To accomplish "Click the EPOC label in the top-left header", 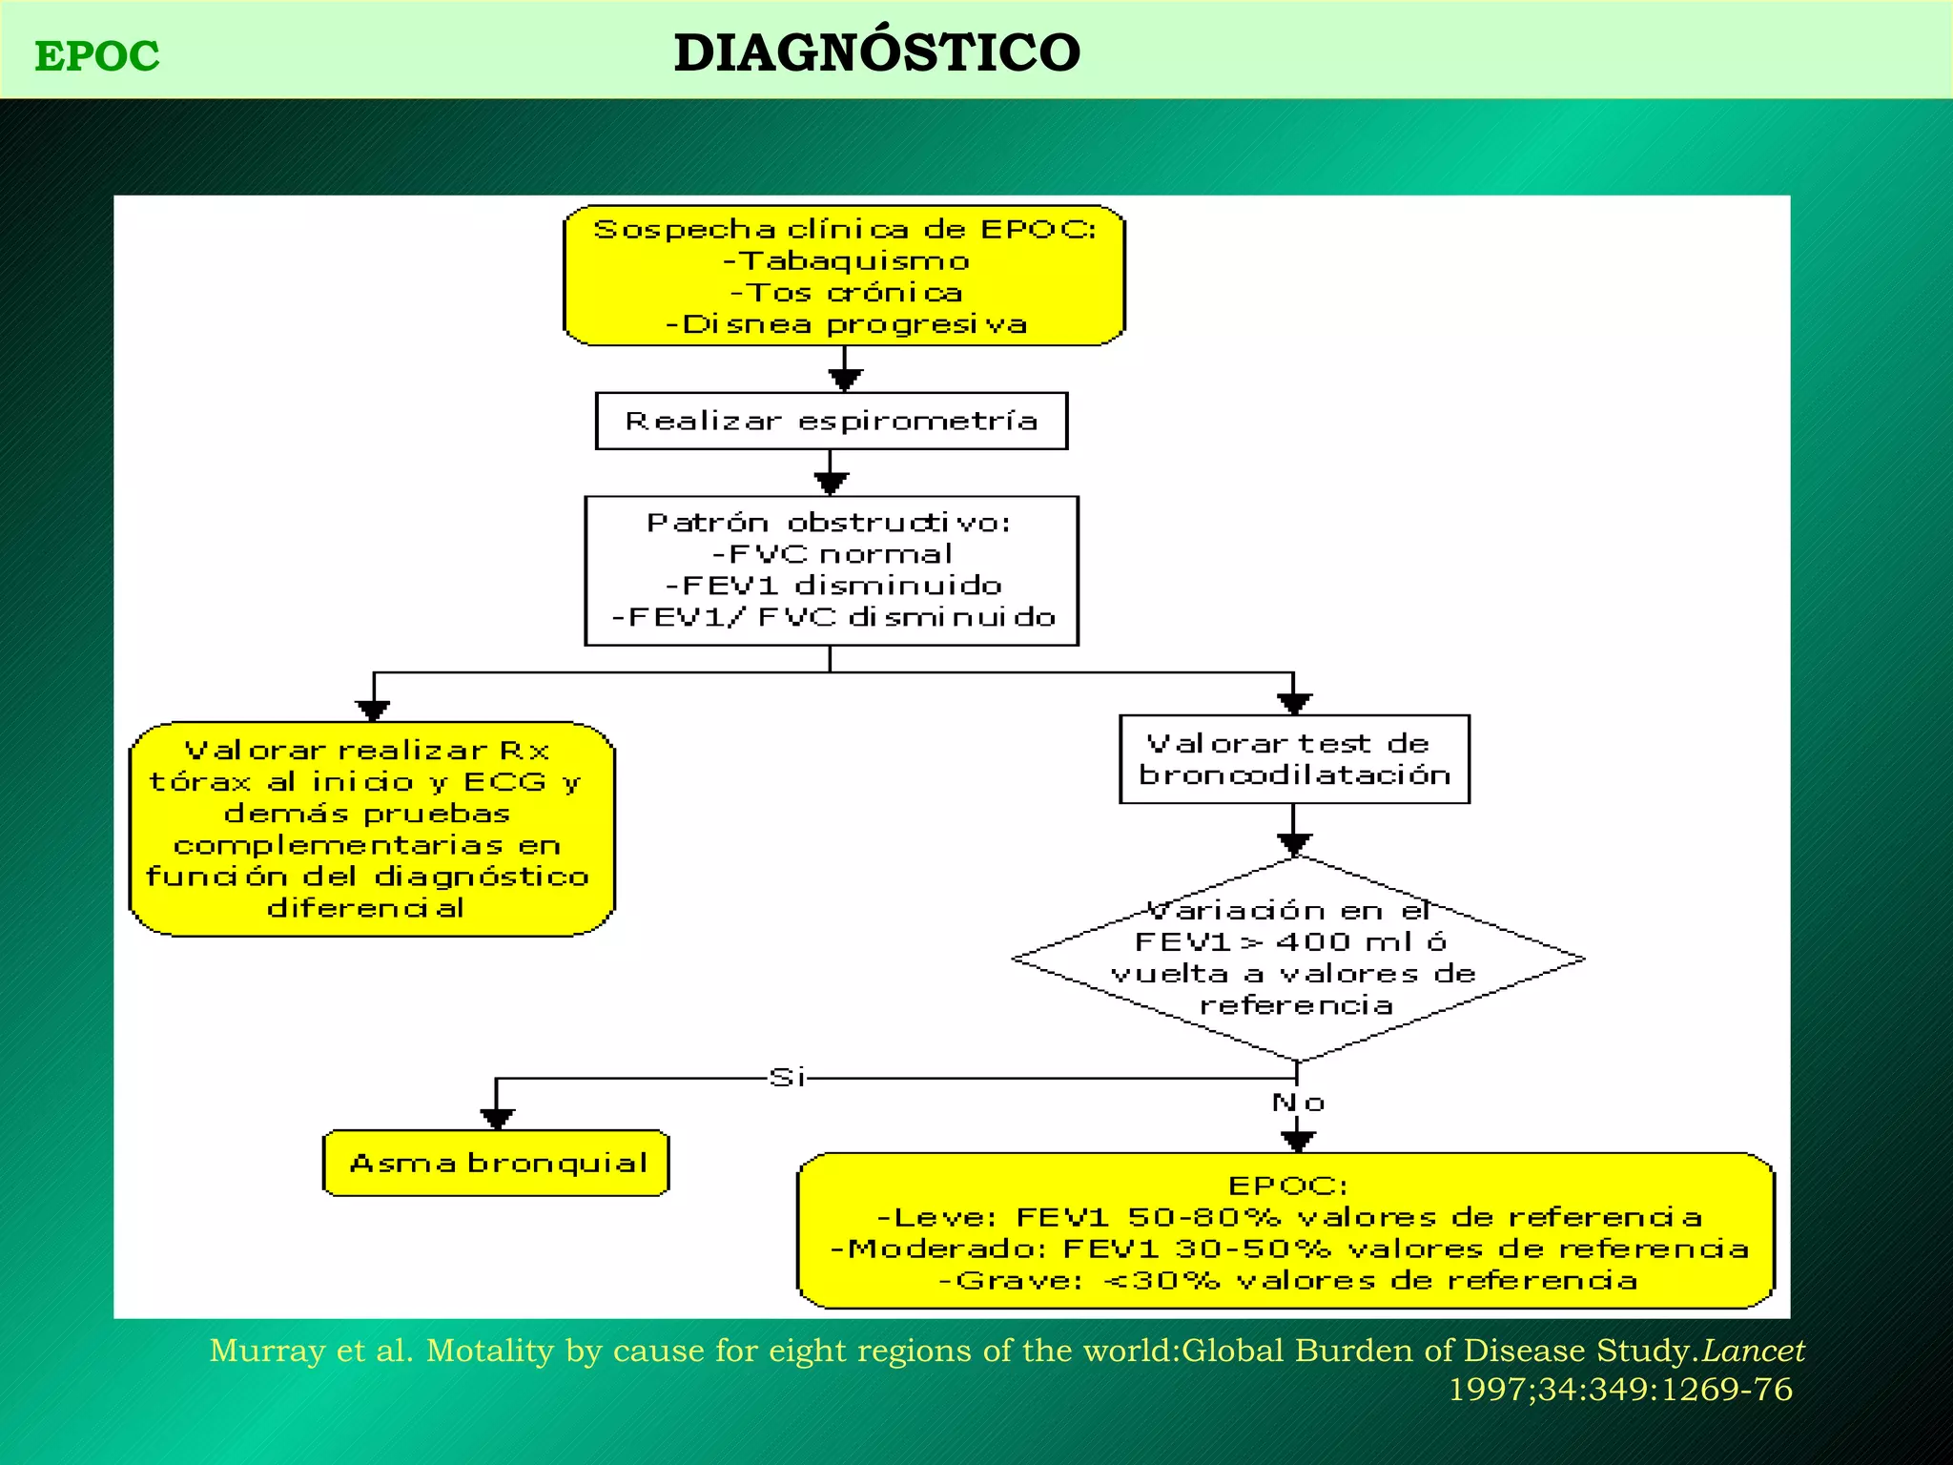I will click(x=97, y=56).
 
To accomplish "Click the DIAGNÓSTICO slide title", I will click(x=876, y=52).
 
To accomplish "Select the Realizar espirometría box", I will click(x=831, y=421).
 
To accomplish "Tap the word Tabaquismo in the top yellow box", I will click(x=854, y=260).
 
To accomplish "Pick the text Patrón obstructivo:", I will click(x=829, y=523).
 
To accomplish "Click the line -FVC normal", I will click(x=831, y=554).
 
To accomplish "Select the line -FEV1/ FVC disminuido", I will click(x=833, y=617).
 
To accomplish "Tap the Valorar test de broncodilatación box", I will click(x=1294, y=759).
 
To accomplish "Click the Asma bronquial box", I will click(x=497, y=1163).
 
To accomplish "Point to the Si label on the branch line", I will click(x=788, y=1078).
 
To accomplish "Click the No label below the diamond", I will click(x=1298, y=1104).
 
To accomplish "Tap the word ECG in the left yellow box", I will click(x=505, y=782).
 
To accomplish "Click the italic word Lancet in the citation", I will click(x=1754, y=1351).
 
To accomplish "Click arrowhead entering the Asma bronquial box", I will click(x=497, y=1118).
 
